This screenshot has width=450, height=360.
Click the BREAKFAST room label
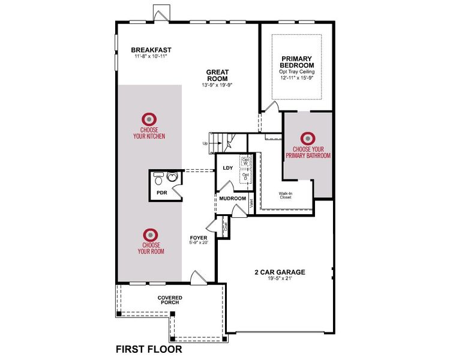[151, 50]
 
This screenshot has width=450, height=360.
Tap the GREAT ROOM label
[218, 75]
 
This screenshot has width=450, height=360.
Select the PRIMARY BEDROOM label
[297, 62]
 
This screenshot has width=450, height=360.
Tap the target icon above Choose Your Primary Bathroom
[308, 139]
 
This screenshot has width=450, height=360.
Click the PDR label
[161, 193]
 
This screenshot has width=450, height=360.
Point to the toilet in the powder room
[158, 179]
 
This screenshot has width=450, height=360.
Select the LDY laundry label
[227, 168]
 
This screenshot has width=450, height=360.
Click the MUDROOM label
[232, 199]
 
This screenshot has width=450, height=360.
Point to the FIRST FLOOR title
[148, 348]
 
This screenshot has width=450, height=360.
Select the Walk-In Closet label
[285, 195]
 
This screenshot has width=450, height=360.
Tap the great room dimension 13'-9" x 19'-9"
[217, 85]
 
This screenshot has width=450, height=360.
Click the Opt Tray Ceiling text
[297, 71]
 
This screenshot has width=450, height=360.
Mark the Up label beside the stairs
[205, 143]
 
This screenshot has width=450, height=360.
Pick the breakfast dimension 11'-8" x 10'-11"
[151, 57]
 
